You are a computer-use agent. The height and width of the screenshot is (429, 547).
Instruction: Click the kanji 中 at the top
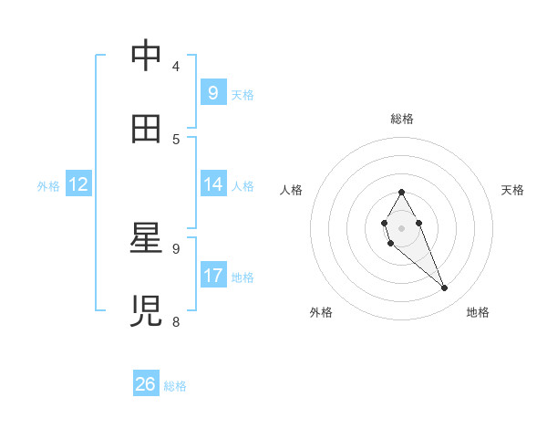(146, 57)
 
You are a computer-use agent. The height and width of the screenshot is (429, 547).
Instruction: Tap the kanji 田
(146, 129)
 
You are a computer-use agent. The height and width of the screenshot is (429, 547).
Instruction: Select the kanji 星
(146, 238)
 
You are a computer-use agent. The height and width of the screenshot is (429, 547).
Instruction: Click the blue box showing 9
(212, 92)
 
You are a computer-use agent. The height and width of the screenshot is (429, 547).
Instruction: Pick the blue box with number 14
(212, 184)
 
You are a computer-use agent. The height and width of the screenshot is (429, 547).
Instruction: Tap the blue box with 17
(212, 276)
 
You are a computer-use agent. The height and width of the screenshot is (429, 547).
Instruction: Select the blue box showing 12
(78, 184)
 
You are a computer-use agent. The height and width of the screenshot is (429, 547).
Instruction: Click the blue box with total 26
(146, 384)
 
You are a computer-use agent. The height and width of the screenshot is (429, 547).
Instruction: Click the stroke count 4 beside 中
(176, 67)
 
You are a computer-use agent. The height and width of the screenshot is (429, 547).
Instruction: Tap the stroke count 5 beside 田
(176, 140)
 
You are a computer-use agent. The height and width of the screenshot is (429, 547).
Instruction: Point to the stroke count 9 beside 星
(176, 248)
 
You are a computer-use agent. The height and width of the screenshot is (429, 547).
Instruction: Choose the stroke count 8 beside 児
(176, 321)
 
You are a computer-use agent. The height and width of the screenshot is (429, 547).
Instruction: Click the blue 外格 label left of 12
(48, 185)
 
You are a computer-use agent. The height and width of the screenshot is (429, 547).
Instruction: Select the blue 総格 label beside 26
(175, 386)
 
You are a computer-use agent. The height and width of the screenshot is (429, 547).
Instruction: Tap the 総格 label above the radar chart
(401, 119)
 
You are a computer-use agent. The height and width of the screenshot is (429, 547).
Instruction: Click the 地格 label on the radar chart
(478, 312)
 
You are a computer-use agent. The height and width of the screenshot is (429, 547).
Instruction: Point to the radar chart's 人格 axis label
(292, 190)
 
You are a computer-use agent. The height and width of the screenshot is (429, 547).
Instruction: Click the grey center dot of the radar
(401, 228)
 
